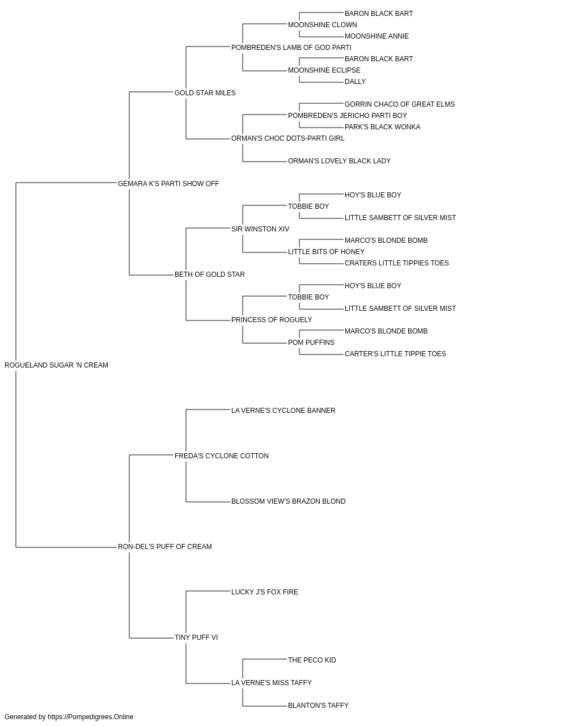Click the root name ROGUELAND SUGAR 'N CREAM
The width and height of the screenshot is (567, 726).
coord(57,365)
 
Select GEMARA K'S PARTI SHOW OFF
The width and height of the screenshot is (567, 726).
coord(168,184)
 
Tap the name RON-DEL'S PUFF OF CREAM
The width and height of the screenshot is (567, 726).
coord(164,547)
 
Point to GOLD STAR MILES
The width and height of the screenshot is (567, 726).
coord(205,93)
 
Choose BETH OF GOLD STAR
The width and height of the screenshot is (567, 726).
coord(210,275)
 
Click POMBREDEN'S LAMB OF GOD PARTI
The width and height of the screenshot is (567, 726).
coord(291,48)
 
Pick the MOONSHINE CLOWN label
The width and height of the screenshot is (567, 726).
coord(323,25)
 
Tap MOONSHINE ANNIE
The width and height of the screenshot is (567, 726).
coord(376,36)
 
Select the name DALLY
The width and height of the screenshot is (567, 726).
coord(356,82)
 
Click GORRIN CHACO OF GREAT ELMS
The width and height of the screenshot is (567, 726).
coord(400,104)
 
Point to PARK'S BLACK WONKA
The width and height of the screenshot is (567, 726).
coord(382,127)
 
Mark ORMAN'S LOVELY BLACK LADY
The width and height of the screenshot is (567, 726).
coord(339,161)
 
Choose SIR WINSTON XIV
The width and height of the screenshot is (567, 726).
coord(260,229)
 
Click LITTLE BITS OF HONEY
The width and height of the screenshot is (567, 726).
coord(326,252)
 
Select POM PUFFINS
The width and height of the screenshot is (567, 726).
coord(311,343)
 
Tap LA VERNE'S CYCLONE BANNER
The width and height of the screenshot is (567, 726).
coord(283,411)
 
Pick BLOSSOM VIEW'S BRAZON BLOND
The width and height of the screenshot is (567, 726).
coord(289,501)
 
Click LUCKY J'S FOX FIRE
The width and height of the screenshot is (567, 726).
coord(265,592)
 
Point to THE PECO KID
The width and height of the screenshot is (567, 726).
coord(312,660)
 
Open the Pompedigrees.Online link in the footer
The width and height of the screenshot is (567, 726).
coord(91,717)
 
